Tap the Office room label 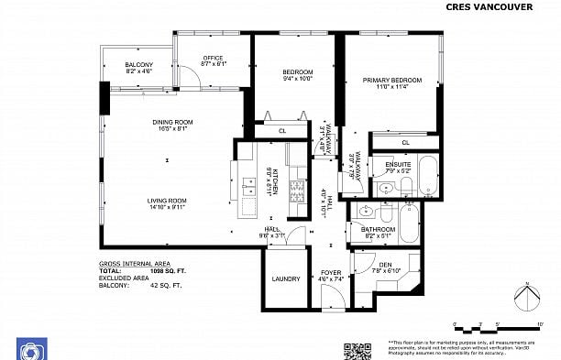(213, 59)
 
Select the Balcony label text (139, 64)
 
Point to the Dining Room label (172, 122)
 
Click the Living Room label (167, 201)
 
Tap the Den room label (385, 265)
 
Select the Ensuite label (398, 165)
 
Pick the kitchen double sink (248, 188)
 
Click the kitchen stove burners (297, 191)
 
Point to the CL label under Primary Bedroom (404, 143)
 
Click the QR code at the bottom (352, 351)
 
